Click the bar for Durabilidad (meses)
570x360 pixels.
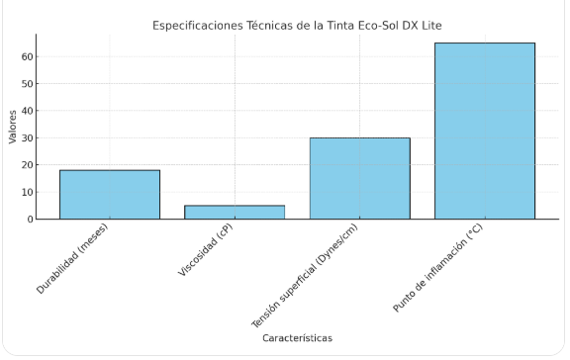click(x=110, y=195)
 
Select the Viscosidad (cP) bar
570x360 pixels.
click(x=235, y=213)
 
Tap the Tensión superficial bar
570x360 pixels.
click(x=360, y=178)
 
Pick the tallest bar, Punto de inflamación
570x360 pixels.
click(x=485, y=131)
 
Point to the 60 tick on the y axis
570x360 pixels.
click(x=28, y=56)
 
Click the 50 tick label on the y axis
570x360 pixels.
click(x=28, y=83)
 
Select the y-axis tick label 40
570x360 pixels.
click(x=28, y=111)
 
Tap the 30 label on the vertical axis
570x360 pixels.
click(x=28, y=138)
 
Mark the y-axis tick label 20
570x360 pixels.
click(x=28, y=165)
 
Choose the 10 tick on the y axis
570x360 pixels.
click(x=28, y=192)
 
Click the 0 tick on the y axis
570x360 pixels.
click(x=30, y=219)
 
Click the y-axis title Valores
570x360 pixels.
click(x=12, y=127)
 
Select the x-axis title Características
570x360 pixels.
click(x=297, y=338)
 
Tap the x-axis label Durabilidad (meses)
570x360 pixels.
click(x=72, y=258)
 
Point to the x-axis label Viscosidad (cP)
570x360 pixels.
click(x=206, y=249)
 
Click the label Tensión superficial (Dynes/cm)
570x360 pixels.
click(x=305, y=276)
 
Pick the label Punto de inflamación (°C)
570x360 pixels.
click(x=437, y=268)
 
